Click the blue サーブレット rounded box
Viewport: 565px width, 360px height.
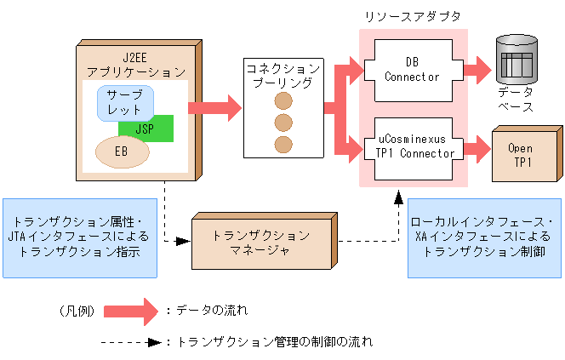point(125,103)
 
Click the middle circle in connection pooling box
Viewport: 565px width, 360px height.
point(282,123)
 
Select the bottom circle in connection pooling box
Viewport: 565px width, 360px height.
point(282,144)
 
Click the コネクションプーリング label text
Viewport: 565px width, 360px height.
point(282,75)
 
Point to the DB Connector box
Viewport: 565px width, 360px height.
point(413,70)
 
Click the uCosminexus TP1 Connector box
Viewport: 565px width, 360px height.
point(413,146)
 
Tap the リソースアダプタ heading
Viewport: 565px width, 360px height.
point(412,18)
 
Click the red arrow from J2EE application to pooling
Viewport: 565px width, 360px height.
point(214,107)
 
